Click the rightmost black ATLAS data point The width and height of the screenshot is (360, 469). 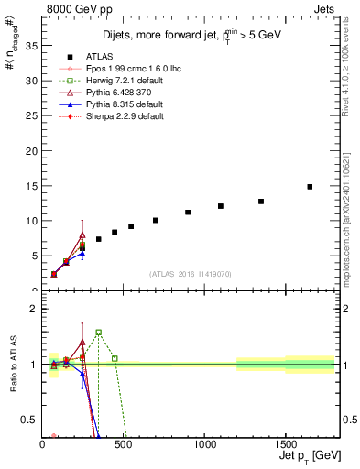point(310,187)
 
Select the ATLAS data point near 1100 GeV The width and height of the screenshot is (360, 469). point(221,206)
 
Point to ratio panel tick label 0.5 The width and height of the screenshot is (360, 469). point(28,420)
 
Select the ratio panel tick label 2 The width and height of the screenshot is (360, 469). point(33,309)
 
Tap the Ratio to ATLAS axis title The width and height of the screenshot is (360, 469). point(14,364)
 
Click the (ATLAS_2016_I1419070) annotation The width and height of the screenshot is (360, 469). point(189,273)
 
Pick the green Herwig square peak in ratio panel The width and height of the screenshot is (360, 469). point(98,333)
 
